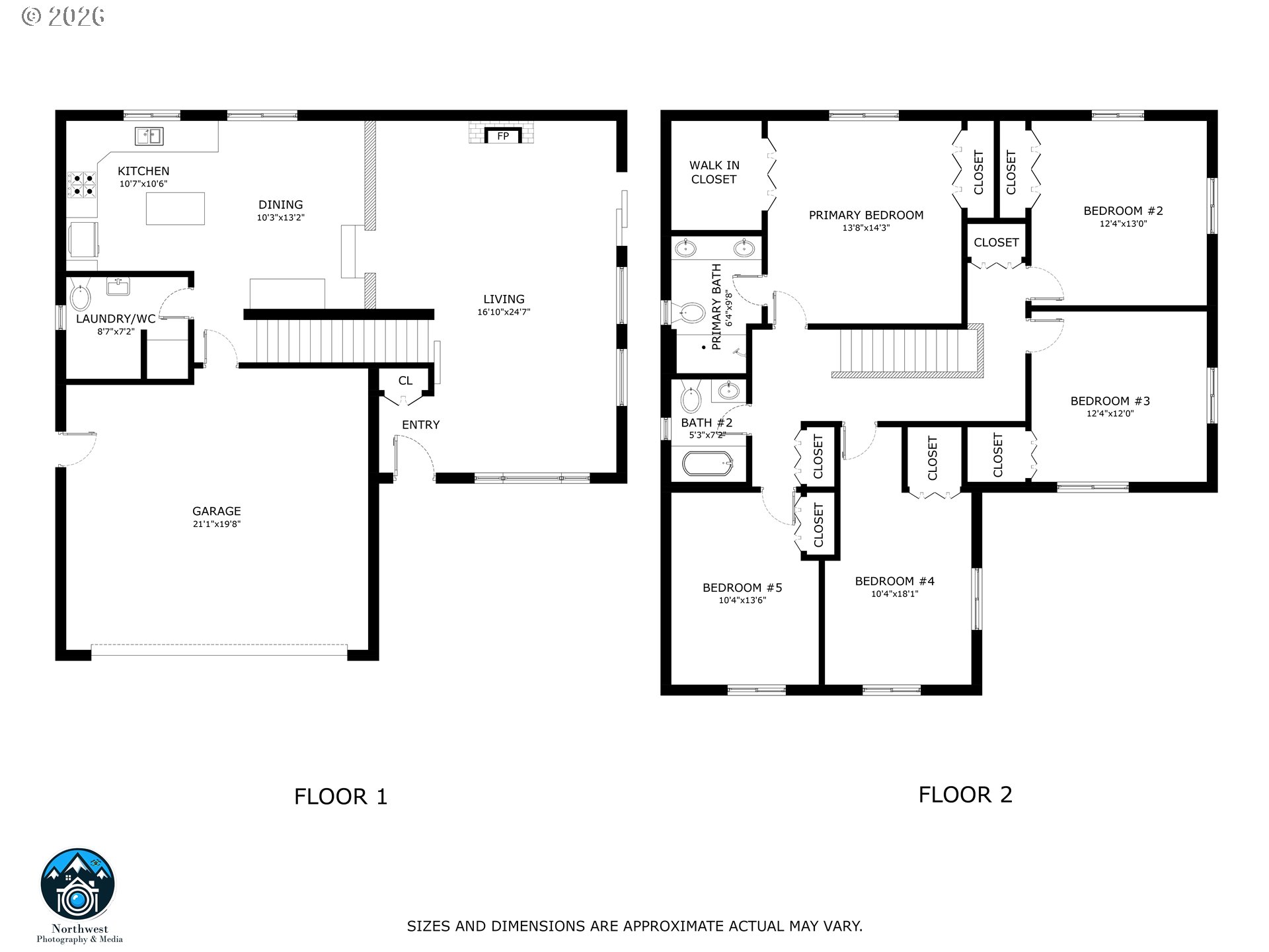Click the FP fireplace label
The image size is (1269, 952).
coord(503,136)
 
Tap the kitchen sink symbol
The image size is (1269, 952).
coord(149,136)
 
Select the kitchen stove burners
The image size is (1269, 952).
coord(82,184)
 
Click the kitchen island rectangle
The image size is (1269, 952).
coord(175,208)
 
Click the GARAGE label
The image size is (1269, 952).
coord(216,511)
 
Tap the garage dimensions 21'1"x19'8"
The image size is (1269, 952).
coord(216,524)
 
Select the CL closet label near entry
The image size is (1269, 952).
coord(405,381)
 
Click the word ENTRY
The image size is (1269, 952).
coord(421,425)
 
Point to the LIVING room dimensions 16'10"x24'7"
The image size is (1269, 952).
coord(504,312)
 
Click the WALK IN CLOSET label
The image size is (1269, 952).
coord(714,172)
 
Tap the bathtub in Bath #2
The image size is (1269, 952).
coord(708,463)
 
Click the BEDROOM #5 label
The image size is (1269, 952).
coord(742,588)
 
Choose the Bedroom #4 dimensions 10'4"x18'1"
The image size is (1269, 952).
coord(894,594)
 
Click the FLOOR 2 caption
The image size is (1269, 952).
coord(965,794)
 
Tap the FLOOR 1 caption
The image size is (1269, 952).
coord(340,797)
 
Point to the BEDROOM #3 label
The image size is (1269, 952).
coord(1110,401)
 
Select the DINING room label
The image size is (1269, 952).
coord(281,205)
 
